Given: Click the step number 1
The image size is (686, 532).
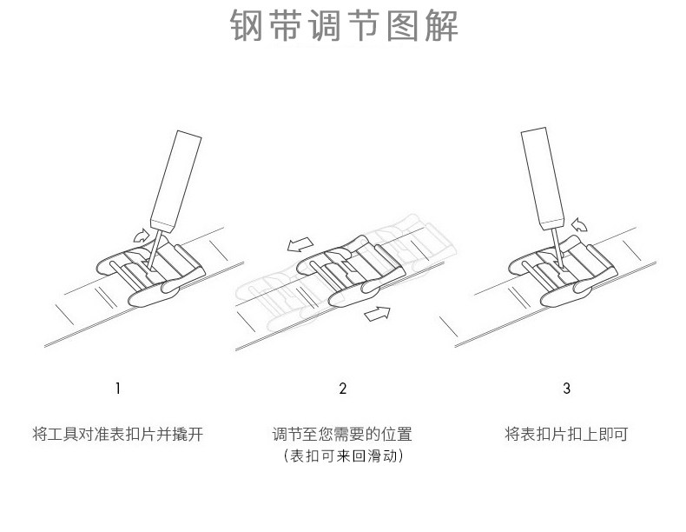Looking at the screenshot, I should pos(118,389).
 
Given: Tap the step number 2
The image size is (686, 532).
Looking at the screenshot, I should pos(343,389).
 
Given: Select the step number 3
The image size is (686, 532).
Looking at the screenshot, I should pos(566,389).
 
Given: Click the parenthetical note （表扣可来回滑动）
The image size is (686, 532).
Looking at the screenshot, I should pos(343,456).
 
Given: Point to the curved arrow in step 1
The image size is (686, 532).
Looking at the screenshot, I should pos(140,233).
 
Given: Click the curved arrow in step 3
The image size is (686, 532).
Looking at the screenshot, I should pos(578,225).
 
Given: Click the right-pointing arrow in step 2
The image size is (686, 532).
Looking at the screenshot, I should pos(376,312).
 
